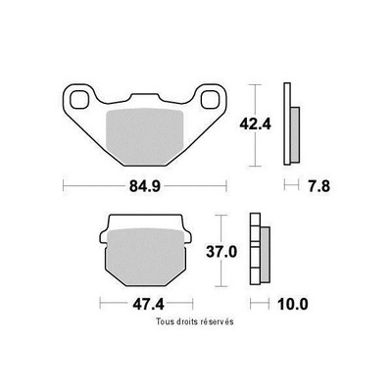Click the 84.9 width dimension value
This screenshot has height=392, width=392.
click(x=145, y=186)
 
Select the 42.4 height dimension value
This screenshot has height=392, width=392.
click(x=255, y=124)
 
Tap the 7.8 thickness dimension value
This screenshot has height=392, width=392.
click(x=318, y=186)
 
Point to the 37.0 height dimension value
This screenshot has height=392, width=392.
click(x=221, y=252)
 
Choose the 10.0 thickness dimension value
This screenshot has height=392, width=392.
click(x=292, y=305)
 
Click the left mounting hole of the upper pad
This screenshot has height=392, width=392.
click(x=79, y=99)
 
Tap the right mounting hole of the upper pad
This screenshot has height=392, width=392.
click(x=210, y=99)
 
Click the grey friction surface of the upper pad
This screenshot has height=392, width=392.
click(x=145, y=136)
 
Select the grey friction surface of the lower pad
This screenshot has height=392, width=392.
click(x=146, y=257)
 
